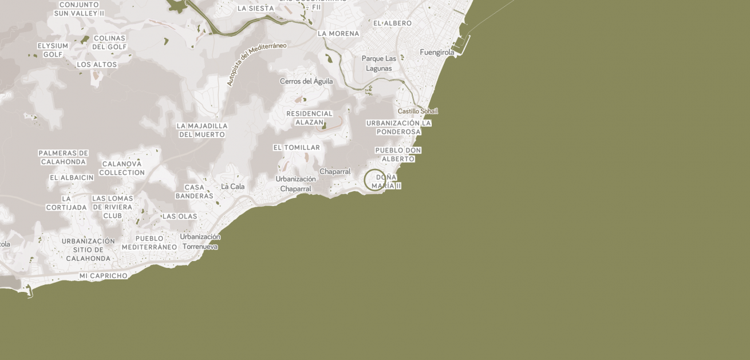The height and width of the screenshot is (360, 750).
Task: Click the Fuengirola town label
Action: [x=437, y=53]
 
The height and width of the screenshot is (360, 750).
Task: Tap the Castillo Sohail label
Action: [x=417, y=111]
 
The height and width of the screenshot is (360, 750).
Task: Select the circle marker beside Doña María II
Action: [x=374, y=180]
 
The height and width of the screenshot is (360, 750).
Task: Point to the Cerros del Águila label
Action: [x=306, y=81]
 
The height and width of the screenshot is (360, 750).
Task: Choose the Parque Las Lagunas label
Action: [x=378, y=64]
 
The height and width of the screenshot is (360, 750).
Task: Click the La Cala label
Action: [x=232, y=187]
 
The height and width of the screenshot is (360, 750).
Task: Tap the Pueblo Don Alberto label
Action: [x=398, y=155]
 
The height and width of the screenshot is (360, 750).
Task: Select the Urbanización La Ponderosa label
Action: [x=398, y=127]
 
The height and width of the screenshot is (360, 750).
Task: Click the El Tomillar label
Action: [x=296, y=148]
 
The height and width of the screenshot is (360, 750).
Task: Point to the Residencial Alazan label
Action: [x=309, y=118]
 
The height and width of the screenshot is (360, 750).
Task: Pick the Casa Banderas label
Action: [x=194, y=192]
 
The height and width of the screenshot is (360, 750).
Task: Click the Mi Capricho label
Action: [x=103, y=276]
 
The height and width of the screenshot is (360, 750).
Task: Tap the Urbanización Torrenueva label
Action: [x=200, y=242]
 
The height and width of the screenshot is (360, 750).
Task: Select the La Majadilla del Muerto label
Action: [x=202, y=130]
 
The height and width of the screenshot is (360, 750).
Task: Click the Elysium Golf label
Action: [x=53, y=50]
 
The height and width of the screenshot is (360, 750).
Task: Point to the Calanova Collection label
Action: [x=121, y=168]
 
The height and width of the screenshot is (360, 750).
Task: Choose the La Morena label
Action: [x=338, y=34]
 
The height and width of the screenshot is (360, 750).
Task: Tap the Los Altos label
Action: [x=97, y=65]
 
